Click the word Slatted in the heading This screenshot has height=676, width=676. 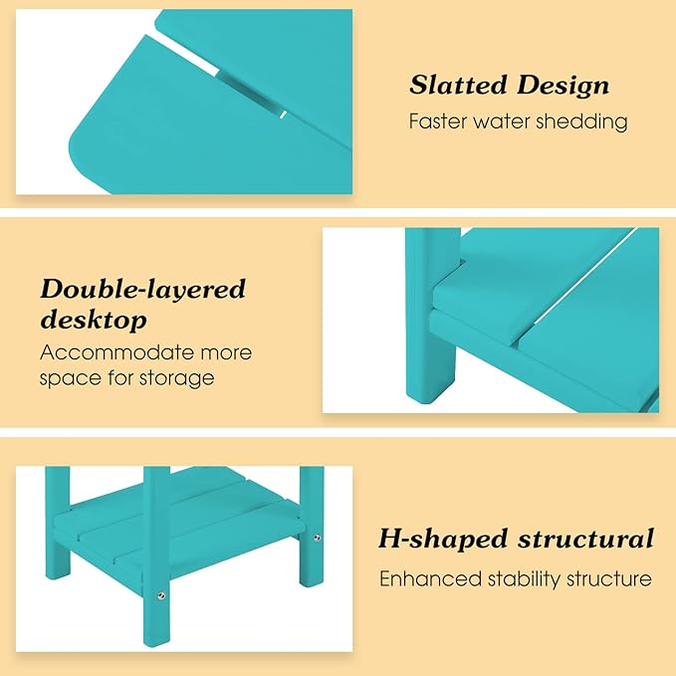(458, 85)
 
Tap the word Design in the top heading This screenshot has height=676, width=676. (563, 86)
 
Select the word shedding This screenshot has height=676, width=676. (581, 120)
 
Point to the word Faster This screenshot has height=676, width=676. (438, 121)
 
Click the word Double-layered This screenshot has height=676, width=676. (142, 289)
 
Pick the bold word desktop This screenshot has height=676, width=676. (94, 320)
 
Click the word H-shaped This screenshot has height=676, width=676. (443, 539)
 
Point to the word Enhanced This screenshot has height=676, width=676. (430, 578)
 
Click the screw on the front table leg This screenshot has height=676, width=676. (161, 595)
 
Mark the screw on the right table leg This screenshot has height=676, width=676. (317, 538)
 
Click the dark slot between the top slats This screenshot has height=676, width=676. (247, 92)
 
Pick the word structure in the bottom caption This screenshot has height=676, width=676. (608, 578)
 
